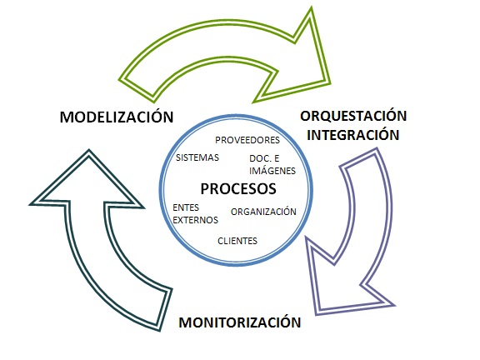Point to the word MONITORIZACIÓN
[x=240, y=322]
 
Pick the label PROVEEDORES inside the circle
[x=247, y=140]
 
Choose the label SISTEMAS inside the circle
[x=197, y=157]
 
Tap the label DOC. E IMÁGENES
[x=271, y=163]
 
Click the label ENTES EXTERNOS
[x=195, y=213]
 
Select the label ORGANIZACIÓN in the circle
[x=263, y=212]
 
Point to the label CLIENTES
[x=237, y=241]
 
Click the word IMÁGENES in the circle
[x=271, y=169]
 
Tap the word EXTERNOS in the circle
[x=195, y=220]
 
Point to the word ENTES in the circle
[x=186, y=207]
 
